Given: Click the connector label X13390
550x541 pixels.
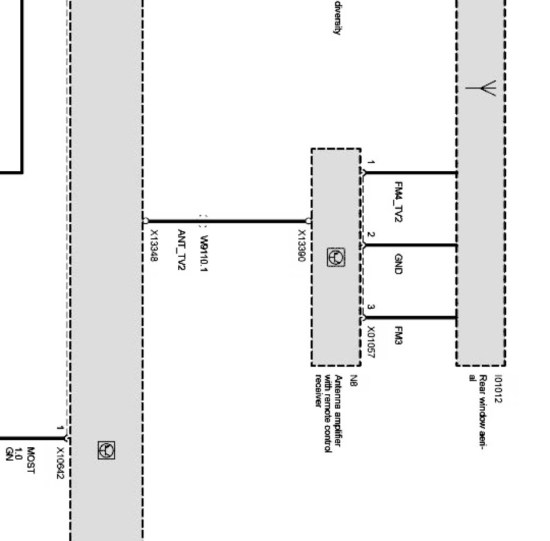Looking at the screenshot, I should tap(301, 245).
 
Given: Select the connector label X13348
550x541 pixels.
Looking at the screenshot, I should tap(154, 245).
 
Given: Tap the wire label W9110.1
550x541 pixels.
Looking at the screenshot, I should tap(203, 253).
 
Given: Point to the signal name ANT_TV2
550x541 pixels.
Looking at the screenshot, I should tap(181, 249).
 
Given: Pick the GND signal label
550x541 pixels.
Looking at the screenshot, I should tap(399, 264).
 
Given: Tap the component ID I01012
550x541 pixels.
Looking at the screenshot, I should tap(498, 389).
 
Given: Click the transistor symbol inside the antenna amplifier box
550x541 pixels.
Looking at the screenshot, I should tap(336, 257).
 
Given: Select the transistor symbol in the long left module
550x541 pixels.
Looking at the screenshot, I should tap(107, 450).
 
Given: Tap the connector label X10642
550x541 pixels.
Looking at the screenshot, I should tap(59, 464).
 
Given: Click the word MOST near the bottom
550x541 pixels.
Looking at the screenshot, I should tap(31, 461).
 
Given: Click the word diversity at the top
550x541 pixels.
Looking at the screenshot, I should tap(337, 17).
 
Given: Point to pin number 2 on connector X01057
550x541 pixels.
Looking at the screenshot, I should tap(371, 236).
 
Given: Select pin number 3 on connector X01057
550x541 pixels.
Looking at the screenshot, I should tap(371, 307).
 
